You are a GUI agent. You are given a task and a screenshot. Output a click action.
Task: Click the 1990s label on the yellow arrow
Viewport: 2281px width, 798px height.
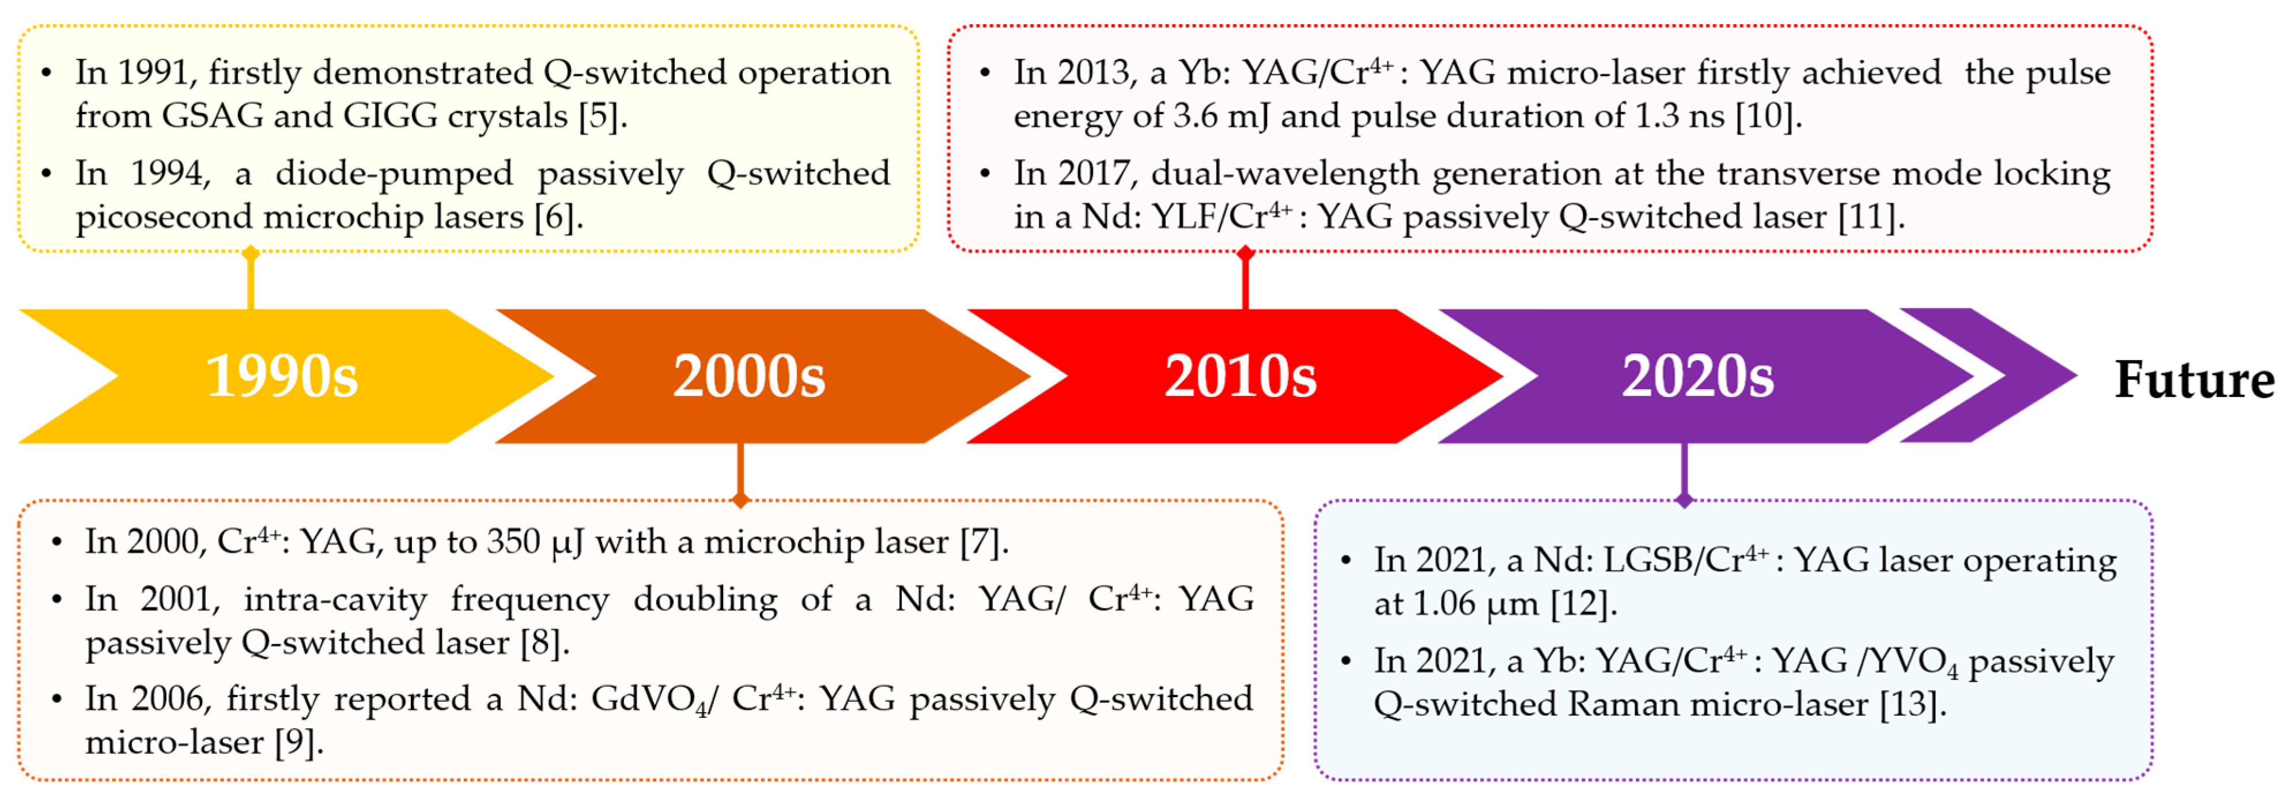pyautogui.click(x=282, y=376)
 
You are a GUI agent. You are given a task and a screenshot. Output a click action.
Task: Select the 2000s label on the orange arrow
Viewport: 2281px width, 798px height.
pyautogui.click(x=748, y=376)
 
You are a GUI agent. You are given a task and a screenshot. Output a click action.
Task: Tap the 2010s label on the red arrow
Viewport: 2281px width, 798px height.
pyautogui.click(x=1240, y=376)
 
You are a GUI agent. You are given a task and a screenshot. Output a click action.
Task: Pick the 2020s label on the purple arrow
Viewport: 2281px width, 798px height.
pyautogui.click(x=1697, y=376)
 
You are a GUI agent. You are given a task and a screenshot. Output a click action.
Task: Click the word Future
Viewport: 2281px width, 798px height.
pyautogui.click(x=2194, y=380)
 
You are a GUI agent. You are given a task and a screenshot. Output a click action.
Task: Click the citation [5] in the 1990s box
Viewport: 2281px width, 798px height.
pyautogui.click(x=602, y=116)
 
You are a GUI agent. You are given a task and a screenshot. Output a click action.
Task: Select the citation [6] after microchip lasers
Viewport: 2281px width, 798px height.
pyautogui.click(x=558, y=217)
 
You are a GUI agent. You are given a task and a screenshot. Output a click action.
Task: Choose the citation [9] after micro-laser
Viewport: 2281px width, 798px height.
pyautogui.click(x=298, y=742)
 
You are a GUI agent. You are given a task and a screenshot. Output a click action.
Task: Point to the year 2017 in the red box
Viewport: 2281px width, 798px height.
pyautogui.click(x=1095, y=173)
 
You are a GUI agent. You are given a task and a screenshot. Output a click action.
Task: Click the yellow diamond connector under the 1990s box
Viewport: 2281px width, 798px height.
pyautogui.click(x=251, y=254)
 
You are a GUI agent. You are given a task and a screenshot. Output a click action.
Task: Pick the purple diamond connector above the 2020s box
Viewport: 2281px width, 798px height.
pyautogui.click(x=1684, y=501)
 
